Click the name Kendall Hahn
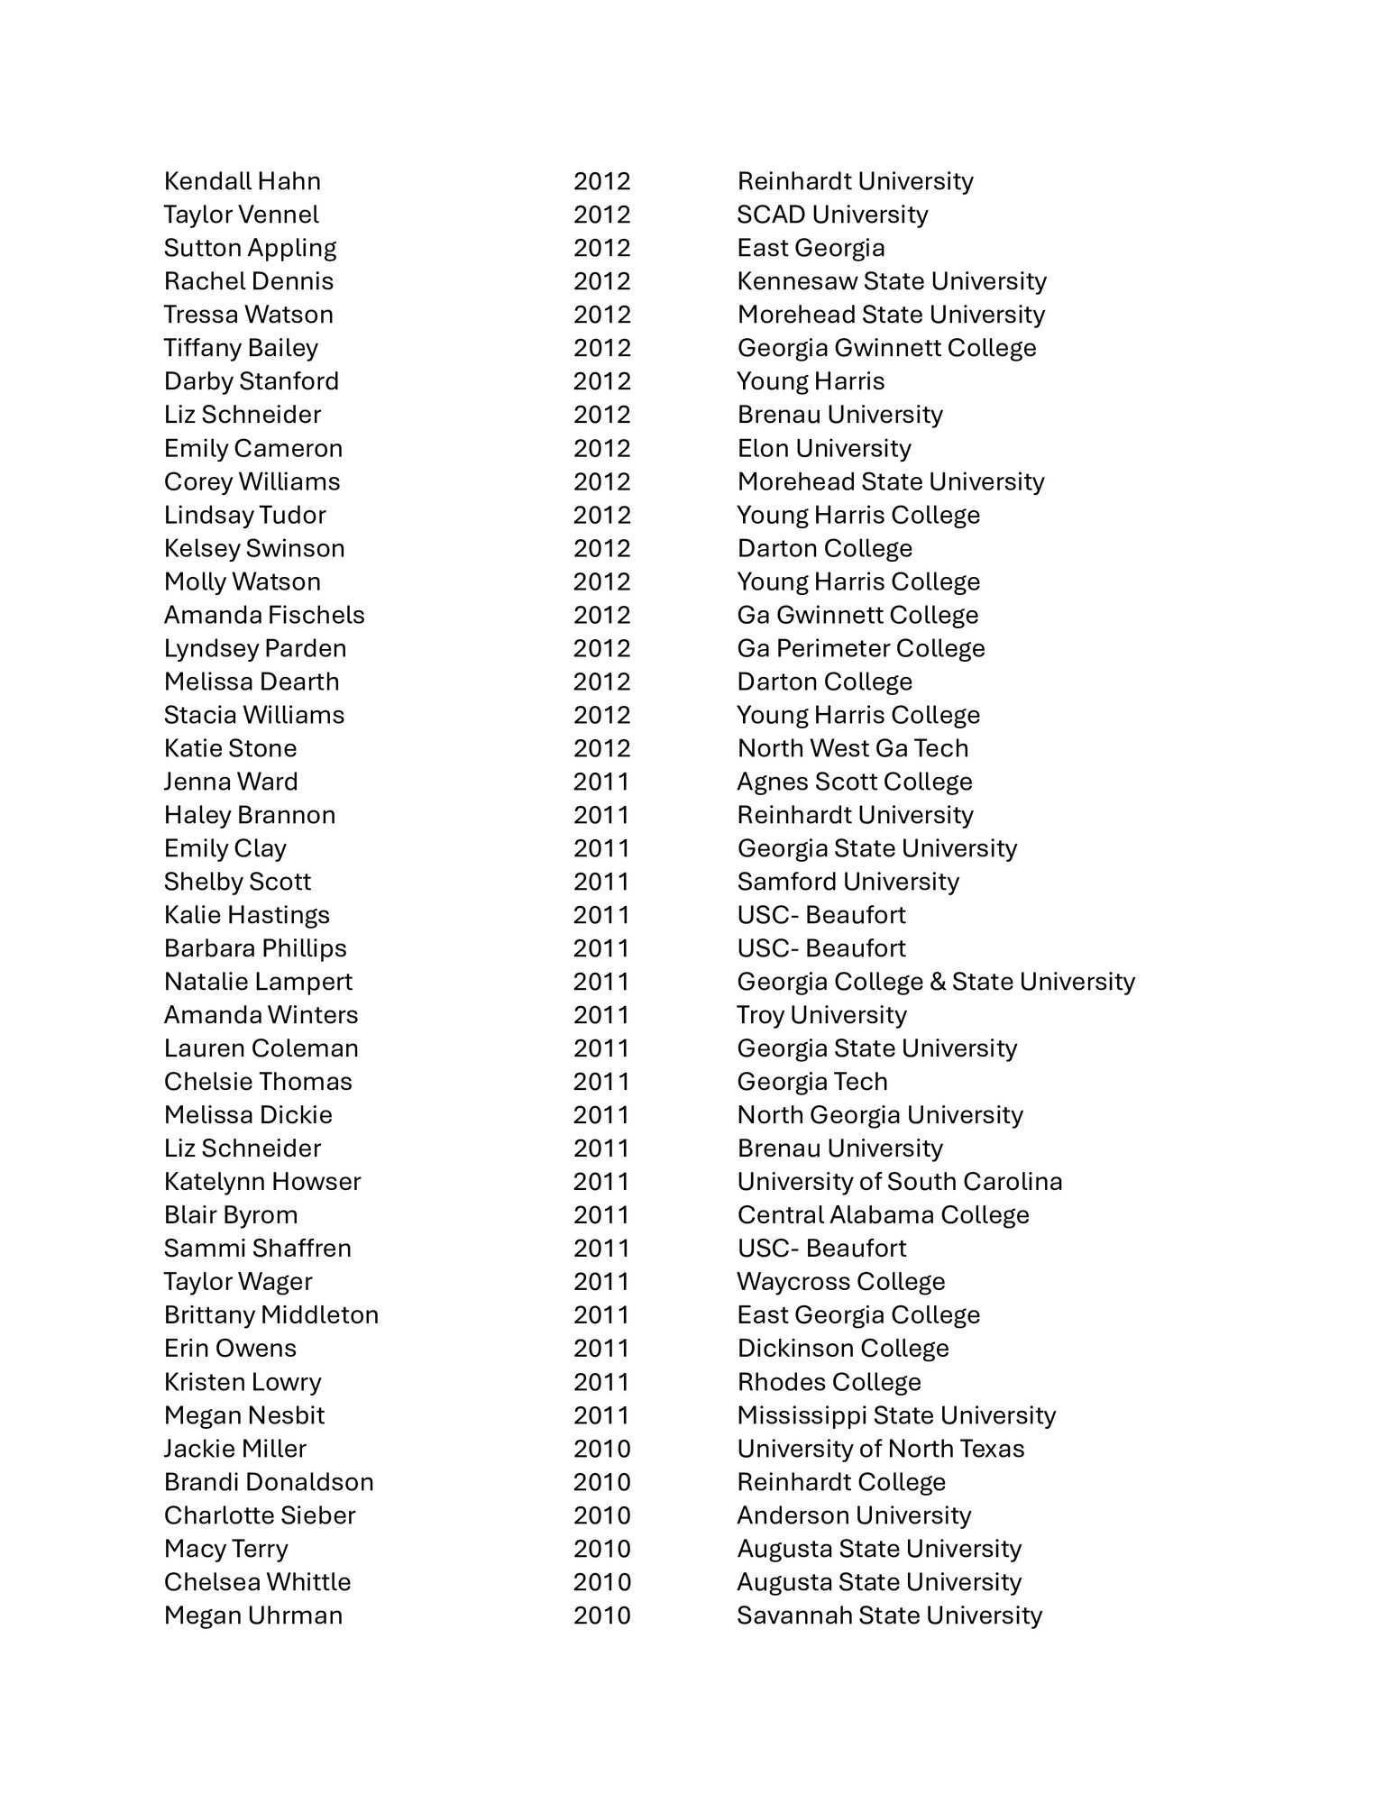tap(242, 181)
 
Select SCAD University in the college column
tap(831, 215)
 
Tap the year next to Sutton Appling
tap(601, 248)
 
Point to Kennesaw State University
tap(891, 281)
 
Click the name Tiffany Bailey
tap(241, 348)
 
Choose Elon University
tap(823, 448)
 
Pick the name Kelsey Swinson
tap(254, 548)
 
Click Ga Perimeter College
tap(860, 648)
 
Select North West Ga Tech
tap(852, 748)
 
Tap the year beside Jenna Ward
tap(601, 782)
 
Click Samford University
tap(848, 882)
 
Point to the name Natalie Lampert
tap(258, 982)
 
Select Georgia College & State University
tap(935, 982)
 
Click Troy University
tap(821, 1015)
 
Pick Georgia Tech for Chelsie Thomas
tap(811, 1082)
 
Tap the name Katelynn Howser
tap(261, 1182)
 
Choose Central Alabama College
tap(883, 1215)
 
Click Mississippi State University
tap(895, 1415)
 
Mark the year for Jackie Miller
tap(601, 1449)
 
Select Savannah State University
tap(889, 1615)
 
